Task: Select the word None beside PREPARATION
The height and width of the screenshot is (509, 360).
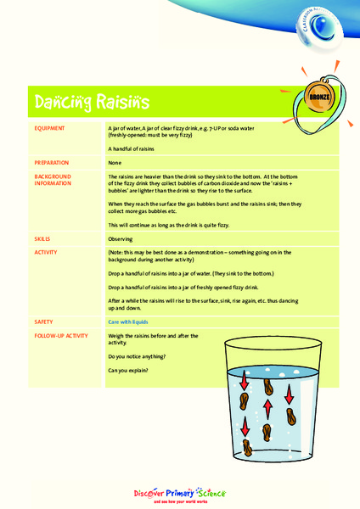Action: pyautogui.click(x=115, y=162)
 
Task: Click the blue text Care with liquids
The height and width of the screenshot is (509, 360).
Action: pyautogui.click(x=134, y=322)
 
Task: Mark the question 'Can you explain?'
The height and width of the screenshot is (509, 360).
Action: pyautogui.click(x=128, y=371)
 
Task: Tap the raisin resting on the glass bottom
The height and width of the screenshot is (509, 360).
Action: pyautogui.click(x=247, y=448)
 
